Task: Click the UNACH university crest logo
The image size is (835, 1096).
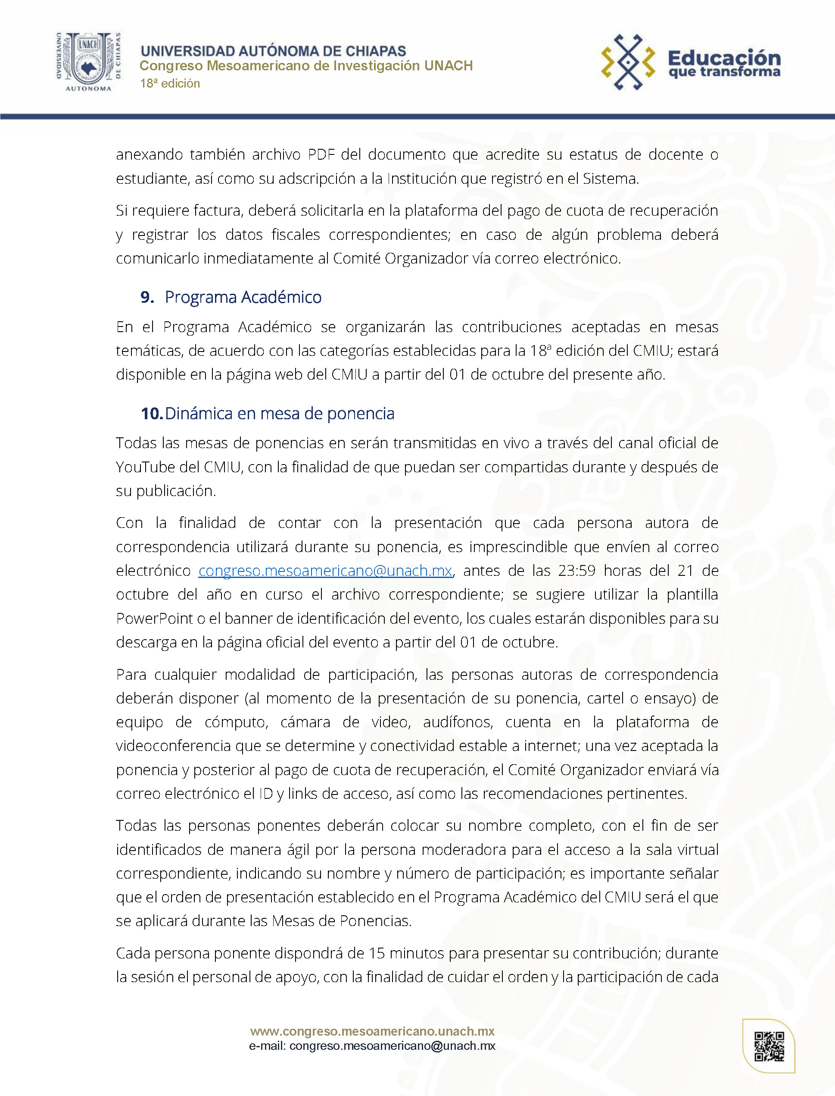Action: pyautogui.click(x=88, y=61)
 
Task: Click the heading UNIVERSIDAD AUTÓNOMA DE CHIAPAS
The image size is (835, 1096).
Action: pyautogui.click(x=273, y=51)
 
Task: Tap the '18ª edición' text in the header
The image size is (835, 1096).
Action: pyautogui.click(x=170, y=84)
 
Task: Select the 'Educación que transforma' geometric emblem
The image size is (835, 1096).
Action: pyautogui.click(x=628, y=62)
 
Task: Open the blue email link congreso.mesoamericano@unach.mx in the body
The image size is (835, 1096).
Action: pyautogui.click(x=325, y=571)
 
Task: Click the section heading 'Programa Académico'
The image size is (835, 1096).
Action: pyautogui.click(x=243, y=297)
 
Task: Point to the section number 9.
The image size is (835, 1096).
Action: pyautogui.click(x=147, y=297)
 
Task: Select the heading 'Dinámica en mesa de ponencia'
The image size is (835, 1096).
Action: pyautogui.click(x=279, y=413)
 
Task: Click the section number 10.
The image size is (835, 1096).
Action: pyautogui.click(x=151, y=413)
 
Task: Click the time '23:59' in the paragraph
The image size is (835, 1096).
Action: pyautogui.click(x=576, y=571)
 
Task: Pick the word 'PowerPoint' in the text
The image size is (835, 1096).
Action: pyautogui.click(x=154, y=619)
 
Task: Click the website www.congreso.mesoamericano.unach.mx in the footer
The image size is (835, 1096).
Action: pyautogui.click(x=372, y=1031)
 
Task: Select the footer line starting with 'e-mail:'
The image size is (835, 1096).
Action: pyautogui.click(x=372, y=1046)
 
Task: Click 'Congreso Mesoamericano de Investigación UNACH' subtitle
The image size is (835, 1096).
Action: pyautogui.click(x=305, y=66)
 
